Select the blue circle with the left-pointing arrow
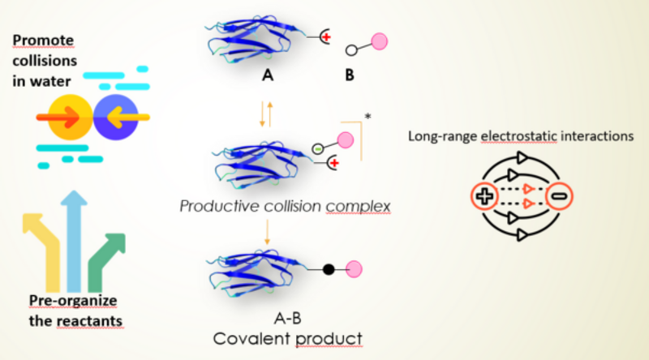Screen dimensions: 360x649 click(x=115, y=118)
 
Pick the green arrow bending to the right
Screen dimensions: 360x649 click(x=112, y=259)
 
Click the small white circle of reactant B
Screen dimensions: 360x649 click(x=350, y=50)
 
